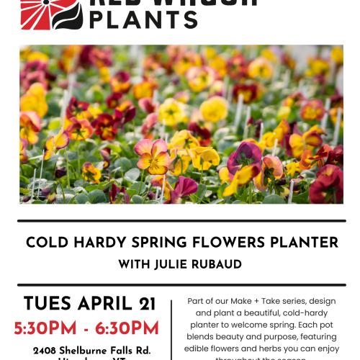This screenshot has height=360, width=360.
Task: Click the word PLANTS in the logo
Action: (x=143, y=19)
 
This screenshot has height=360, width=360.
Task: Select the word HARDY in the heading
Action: (x=100, y=242)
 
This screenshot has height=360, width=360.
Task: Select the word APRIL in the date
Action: (x=107, y=303)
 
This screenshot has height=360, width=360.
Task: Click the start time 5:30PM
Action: (x=44, y=328)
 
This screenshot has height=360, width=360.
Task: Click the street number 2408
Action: (x=48, y=350)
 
